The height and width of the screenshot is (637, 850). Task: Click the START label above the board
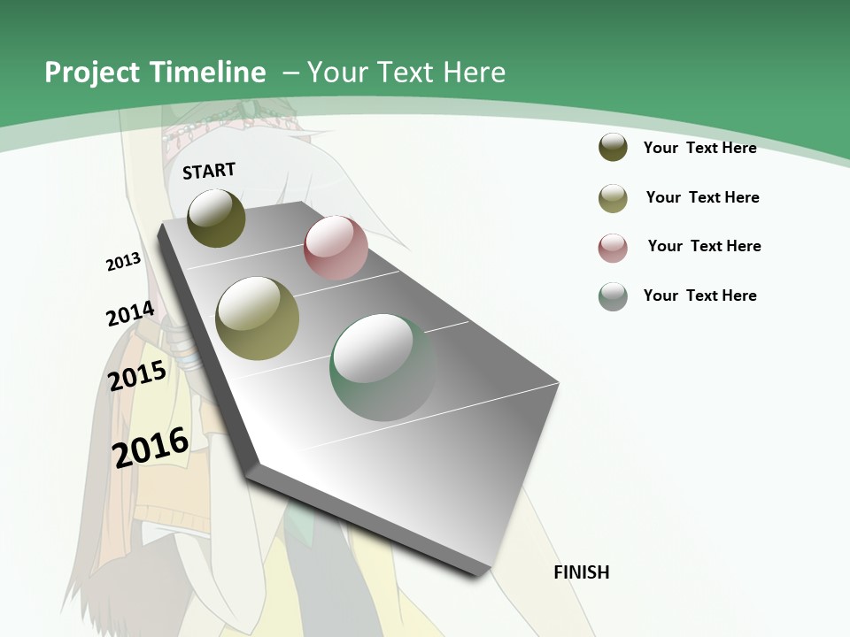click(209, 171)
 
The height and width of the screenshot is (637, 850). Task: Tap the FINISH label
click(581, 572)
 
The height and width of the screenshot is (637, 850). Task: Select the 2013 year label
click(123, 262)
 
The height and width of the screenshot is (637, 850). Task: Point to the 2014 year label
click(130, 314)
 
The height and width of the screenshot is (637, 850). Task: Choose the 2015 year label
click(137, 376)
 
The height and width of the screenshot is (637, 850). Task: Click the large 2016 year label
click(151, 447)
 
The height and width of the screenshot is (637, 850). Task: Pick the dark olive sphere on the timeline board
click(216, 218)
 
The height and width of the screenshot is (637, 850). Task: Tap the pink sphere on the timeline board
click(336, 248)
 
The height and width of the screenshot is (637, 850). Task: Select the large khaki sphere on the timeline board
click(258, 318)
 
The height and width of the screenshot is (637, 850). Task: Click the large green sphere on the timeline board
click(382, 367)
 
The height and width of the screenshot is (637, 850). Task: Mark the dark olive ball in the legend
click(613, 148)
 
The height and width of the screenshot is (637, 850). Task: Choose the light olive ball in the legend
click(613, 198)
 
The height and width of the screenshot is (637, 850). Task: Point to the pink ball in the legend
click(613, 248)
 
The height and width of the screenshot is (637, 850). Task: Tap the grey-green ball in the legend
click(613, 296)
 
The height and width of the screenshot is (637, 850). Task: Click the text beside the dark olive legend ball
click(699, 148)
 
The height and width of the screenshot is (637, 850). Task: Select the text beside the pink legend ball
click(704, 246)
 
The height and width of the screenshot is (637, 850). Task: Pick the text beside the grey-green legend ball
click(699, 295)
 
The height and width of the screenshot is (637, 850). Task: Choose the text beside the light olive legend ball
click(702, 197)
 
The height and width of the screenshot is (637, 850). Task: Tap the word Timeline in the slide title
click(209, 73)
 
